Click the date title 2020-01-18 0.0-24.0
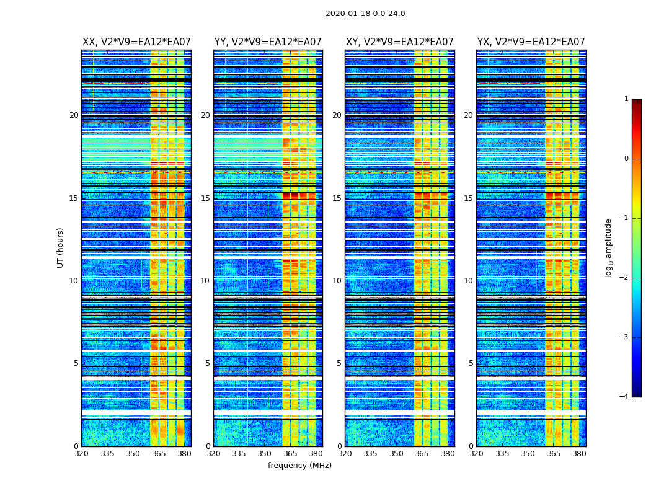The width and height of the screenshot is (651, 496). coord(365,14)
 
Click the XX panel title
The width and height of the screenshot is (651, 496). coord(136,42)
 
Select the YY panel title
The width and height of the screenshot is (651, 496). coord(268,42)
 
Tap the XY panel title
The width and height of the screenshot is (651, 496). coord(399,42)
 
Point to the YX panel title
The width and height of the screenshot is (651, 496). coord(531,42)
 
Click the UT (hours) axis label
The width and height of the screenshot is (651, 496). coord(61,247)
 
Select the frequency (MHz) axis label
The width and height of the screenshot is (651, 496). coord(299,466)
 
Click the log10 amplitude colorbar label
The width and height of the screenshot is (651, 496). coord(608,247)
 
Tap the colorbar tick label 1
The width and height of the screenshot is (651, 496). coord(626,99)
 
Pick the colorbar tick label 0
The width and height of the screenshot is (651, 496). coord(626,159)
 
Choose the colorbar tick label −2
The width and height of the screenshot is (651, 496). coord(624,278)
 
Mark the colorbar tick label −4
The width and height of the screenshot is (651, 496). coord(624,397)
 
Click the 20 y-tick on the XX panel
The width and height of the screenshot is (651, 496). coord(74,115)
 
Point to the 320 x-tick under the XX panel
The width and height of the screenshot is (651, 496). coord(81,454)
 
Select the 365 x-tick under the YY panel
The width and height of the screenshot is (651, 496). coord(290,454)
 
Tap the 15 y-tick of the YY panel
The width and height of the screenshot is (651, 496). coord(205,198)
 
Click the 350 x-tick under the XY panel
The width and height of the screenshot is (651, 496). coord(396,454)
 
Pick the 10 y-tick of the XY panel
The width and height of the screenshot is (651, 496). coord(337,281)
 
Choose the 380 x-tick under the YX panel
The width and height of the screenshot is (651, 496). coord(579,454)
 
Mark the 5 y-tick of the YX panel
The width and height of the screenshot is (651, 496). coord(471,363)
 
